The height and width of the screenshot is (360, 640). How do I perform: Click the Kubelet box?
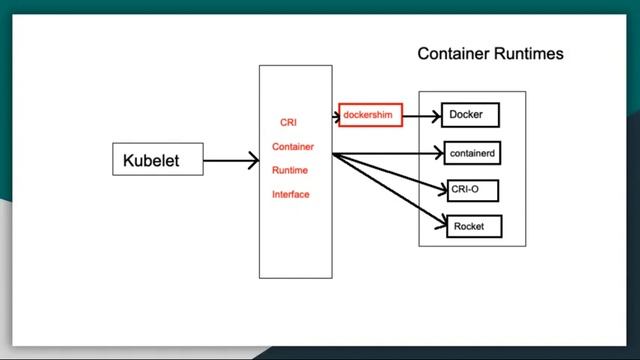click(x=157, y=159)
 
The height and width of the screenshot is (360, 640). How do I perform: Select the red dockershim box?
click(x=370, y=116)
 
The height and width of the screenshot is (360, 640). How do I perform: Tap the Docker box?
click(x=469, y=115)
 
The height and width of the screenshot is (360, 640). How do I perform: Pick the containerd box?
click(x=469, y=153)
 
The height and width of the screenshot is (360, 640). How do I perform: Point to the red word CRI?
click(x=288, y=123)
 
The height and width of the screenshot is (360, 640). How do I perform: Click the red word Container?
click(x=292, y=147)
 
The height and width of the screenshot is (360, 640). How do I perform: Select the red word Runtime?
click(x=291, y=171)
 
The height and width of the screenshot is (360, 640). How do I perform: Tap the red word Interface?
click(x=291, y=194)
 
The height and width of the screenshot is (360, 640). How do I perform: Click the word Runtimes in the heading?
click(x=527, y=53)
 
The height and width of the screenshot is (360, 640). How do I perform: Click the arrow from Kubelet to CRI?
click(x=230, y=159)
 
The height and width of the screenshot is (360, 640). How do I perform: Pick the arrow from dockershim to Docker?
click(x=420, y=116)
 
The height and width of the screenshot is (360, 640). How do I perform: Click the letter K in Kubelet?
click(x=128, y=160)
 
